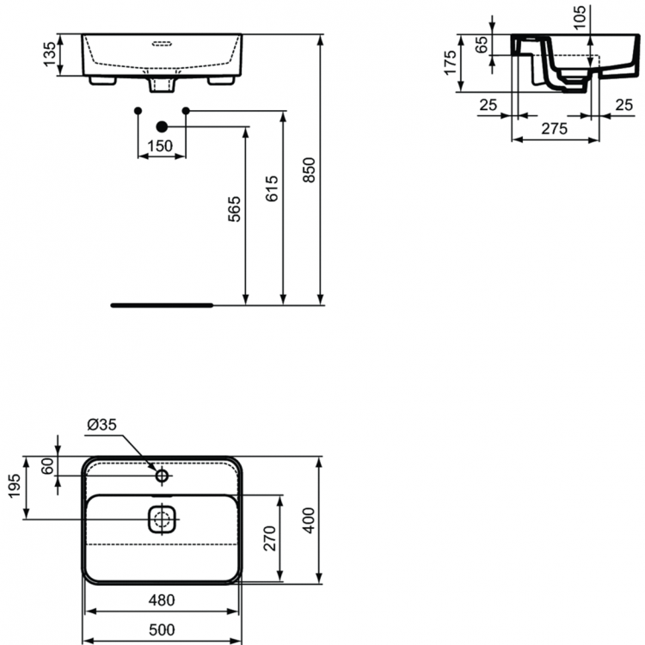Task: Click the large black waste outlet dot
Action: [161, 127]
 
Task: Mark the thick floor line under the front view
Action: [161, 304]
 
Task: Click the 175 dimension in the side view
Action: [451, 62]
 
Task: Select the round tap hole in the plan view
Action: [162, 474]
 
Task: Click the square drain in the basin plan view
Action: [162, 519]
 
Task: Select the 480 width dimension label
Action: [161, 600]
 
